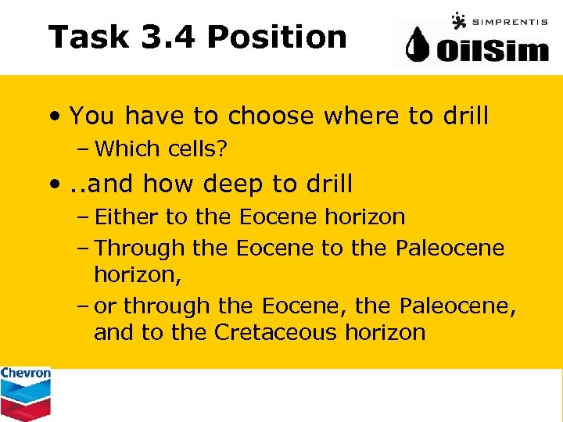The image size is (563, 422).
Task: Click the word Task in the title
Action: (x=88, y=37)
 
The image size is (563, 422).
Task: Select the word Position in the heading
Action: (x=278, y=37)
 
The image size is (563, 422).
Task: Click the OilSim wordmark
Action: (x=493, y=50)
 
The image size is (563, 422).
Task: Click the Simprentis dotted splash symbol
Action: (x=458, y=20)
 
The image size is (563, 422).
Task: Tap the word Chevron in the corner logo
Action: (x=26, y=374)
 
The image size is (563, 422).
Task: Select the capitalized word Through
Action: (x=139, y=249)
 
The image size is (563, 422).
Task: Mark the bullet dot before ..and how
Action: (x=56, y=184)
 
